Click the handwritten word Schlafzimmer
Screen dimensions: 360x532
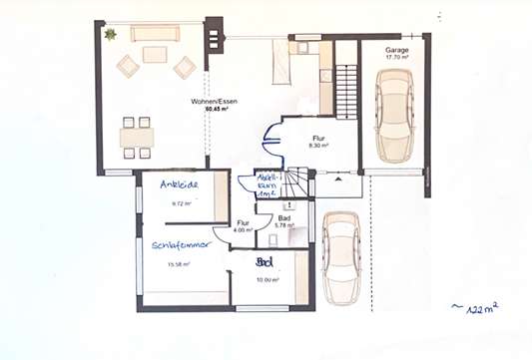[181, 244]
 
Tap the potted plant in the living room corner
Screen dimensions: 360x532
[110, 34]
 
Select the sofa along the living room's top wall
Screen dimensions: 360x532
[155, 33]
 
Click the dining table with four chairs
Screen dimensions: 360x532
[137, 138]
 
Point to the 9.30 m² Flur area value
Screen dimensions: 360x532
[318, 146]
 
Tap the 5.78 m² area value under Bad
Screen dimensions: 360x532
[284, 225]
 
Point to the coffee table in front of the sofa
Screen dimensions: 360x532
[155, 56]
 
